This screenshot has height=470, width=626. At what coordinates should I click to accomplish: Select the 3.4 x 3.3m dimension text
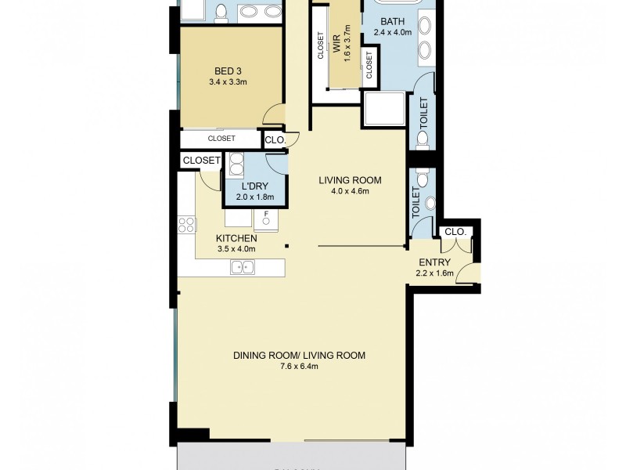click(228, 81)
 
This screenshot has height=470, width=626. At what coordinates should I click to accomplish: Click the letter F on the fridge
click(266, 214)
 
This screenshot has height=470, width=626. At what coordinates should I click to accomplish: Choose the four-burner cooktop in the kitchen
click(187, 226)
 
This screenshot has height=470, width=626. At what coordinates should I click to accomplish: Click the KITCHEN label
click(237, 238)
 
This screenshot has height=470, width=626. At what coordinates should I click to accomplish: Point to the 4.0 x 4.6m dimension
click(344, 190)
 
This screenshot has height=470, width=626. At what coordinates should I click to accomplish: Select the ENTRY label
click(434, 262)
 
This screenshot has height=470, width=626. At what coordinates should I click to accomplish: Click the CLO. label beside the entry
click(455, 232)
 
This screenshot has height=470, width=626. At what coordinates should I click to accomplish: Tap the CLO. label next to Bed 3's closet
click(275, 140)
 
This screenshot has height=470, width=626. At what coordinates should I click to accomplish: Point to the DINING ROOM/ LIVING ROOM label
click(299, 355)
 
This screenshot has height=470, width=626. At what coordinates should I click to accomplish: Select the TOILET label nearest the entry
click(416, 203)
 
